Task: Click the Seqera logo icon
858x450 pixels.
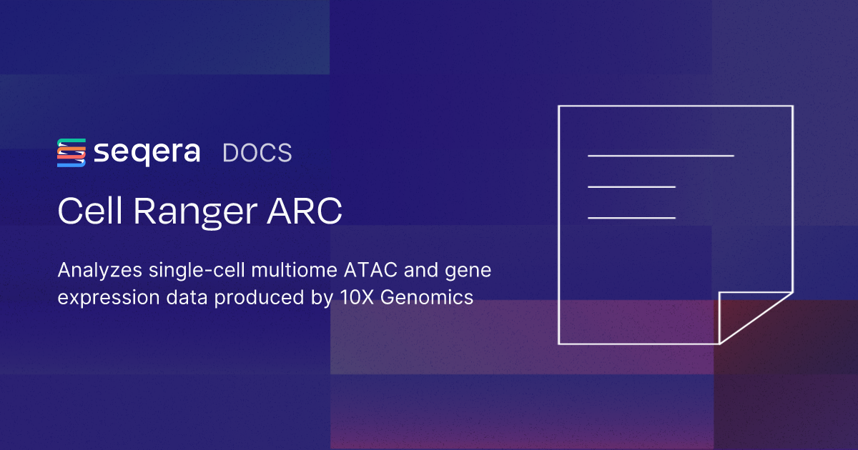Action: (71, 153)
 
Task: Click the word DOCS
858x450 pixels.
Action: (257, 154)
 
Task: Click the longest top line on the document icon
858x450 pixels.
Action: (661, 155)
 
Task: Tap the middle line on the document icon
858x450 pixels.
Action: (631, 186)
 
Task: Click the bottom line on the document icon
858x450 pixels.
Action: (631, 217)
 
